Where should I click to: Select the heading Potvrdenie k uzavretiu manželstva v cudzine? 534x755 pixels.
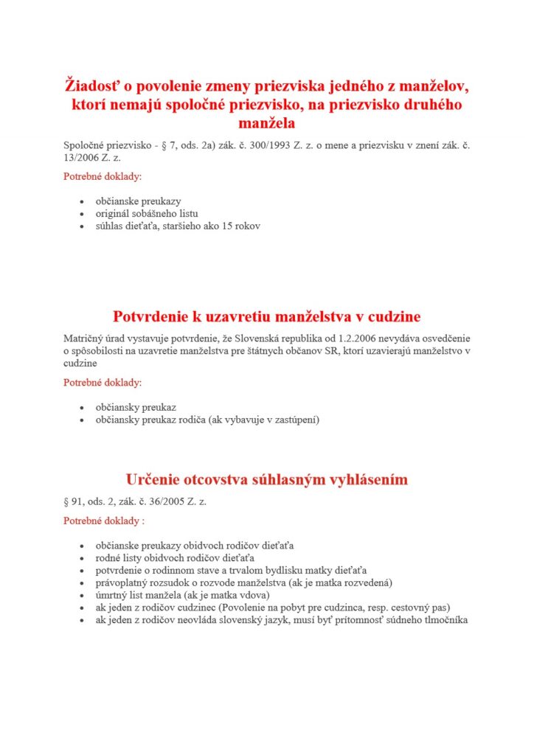[266, 316]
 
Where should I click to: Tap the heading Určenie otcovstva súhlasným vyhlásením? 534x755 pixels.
[266, 479]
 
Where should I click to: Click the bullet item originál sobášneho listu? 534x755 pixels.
[146, 213]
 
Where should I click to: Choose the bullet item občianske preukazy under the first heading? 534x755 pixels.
[138, 201]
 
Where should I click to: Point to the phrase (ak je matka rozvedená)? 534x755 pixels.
[336, 582]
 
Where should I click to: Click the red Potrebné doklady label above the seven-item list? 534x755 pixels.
[104, 521]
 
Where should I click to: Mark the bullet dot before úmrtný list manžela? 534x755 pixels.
[81, 596]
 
